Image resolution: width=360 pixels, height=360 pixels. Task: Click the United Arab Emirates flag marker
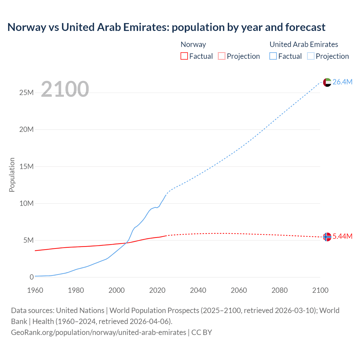tap(327, 82)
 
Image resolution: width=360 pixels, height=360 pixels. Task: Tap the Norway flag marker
tap(327, 237)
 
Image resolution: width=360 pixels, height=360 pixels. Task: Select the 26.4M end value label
tap(342, 82)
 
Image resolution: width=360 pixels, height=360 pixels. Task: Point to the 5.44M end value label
tap(342, 237)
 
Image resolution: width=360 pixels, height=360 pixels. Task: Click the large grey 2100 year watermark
tap(65, 89)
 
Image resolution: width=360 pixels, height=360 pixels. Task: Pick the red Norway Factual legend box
tap(184, 56)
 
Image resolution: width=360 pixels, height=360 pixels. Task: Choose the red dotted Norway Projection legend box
tap(222, 56)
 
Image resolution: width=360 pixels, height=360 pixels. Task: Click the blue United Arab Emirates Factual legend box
tap(273, 56)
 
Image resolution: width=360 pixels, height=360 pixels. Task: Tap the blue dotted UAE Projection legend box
tap(311, 56)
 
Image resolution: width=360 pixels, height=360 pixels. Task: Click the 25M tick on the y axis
tap(26, 93)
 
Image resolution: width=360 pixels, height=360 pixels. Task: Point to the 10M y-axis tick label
tap(26, 203)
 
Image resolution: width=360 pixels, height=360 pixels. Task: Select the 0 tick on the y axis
tap(31, 277)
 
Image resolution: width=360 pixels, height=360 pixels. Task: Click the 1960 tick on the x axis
tap(35, 290)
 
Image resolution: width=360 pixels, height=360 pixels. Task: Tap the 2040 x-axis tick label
tap(198, 290)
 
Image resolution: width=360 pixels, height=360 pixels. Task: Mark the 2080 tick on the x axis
tap(280, 290)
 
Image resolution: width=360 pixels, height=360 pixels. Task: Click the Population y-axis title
tap(12, 175)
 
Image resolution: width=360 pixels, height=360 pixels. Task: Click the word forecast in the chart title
tap(305, 27)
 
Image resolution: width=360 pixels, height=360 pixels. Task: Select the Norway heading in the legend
tap(193, 44)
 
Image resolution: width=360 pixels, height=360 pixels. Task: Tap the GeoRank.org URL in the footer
tap(98, 332)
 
